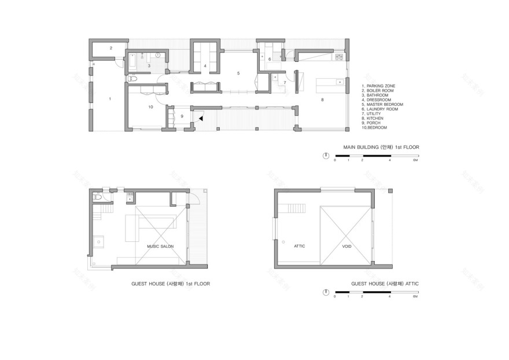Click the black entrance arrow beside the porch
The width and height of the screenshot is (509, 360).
(x=201, y=118)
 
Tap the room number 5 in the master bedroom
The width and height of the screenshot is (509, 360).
(x=237, y=73)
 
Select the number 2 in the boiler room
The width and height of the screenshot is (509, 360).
(x=110, y=48)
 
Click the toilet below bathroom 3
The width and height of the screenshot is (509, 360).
(x=131, y=78)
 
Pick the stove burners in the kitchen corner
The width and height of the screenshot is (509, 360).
(x=338, y=57)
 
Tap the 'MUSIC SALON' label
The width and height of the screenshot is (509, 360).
(x=160, y=246)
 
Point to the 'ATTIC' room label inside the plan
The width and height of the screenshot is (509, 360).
(x=299, y=246)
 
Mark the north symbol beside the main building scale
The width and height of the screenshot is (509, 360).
(x=326, y=155)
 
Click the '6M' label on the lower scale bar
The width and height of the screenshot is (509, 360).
(x=415, y=296)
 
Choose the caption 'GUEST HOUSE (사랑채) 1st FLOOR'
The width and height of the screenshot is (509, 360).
(x=171, y=284)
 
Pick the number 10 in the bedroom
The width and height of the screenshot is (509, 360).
(x=150, y=107)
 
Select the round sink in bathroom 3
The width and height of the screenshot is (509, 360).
(x=157, y=56)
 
